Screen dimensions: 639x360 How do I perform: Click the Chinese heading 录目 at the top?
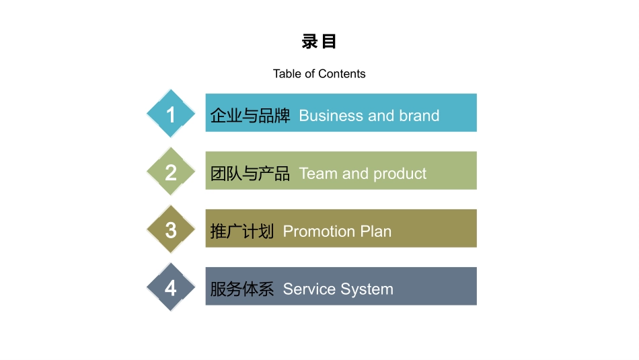pyautogui.click(x=319, y=42)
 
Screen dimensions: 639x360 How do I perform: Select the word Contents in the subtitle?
pyautogui.click(x=342, y=74)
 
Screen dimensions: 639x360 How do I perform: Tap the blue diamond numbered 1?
pyautogui.click(x=171, y=113)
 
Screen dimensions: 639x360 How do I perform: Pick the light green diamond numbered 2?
pyautogui.click(x=171, y=171)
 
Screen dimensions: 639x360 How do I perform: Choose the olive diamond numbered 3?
pyautogui.click(x=171, y=229)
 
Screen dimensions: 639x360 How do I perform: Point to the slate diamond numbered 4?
pyautogui.click(x=171, y=287)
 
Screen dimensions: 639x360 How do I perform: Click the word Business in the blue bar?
pyautogui.click(x=332, y=116)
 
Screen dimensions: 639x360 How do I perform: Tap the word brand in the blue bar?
pyautogui.click(x=419, y=116)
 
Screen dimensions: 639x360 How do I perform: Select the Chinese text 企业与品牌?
pyautogui.click(x=250, y=116)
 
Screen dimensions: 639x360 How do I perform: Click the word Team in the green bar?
pyautogui.click(x=318, y=174)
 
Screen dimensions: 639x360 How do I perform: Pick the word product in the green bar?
pyautogui.click(x=400, y=174)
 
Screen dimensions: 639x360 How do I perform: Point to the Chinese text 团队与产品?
pyautogui.click(x=250, y=174)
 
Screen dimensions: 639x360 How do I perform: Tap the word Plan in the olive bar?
pyautogui.click(x=376, y=231)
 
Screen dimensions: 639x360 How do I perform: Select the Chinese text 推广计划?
pyautogui.click(x=242, y=231)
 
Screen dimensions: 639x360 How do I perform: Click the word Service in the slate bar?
pyautogui.click(x=309, y=289)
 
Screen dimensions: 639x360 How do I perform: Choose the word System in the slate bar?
pyautogui.click(x=367, y=290)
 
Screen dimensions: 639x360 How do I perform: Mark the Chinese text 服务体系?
pyautogui.click(x=242, y=289)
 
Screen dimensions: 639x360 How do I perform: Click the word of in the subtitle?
pyautogui.click(x=310, y=74)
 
